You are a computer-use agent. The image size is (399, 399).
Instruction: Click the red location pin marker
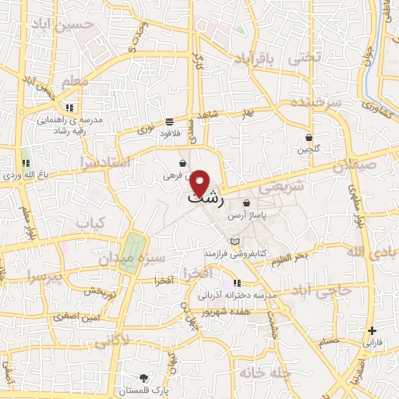pyautogui.click(x=201, y=182)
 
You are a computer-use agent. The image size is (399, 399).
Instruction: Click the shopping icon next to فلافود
pyautogui.click(x=169, y=122)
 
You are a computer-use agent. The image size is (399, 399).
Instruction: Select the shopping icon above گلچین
pyautogui.click(x=309, y=136)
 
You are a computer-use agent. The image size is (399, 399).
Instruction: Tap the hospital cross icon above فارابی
pyautogui.click(x=373, y=330)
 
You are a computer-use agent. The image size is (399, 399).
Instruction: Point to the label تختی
pyautogui.click(x=304, y=58)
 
